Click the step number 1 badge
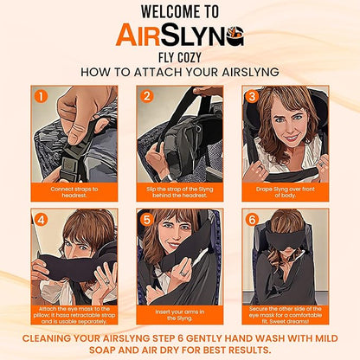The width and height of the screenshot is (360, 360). coord(41,98)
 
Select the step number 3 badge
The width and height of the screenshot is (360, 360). coord(252,97)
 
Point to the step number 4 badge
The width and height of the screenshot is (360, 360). coord(41,219)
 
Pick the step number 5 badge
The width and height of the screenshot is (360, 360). coord(146,219)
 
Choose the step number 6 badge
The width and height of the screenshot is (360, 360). coord(252,219)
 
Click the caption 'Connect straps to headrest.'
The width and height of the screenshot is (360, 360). coord(74,191)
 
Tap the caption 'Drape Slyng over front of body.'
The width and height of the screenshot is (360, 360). coord(285,191)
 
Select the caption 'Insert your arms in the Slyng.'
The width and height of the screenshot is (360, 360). coord(179,314)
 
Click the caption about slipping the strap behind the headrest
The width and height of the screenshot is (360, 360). coord(179,191)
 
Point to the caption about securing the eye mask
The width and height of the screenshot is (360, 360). coord(285,314)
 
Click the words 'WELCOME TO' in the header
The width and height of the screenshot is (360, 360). coord(179,13)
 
